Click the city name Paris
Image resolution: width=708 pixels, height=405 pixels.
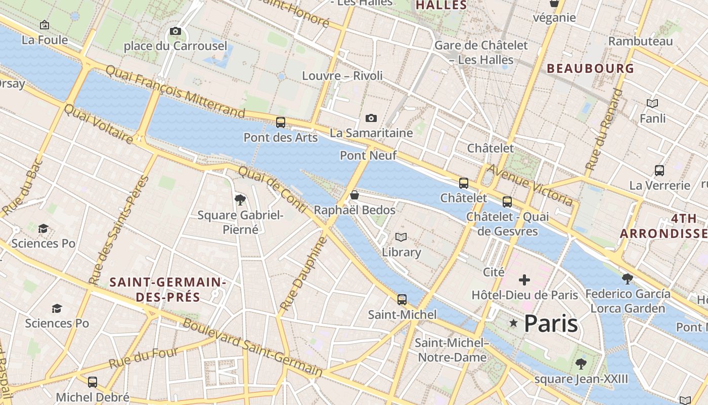click(551, 323)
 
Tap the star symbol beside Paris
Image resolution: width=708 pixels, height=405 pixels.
click(514, 323)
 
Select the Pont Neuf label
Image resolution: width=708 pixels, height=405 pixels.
click(368, 155)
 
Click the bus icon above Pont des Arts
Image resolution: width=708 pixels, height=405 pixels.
click(281, 123)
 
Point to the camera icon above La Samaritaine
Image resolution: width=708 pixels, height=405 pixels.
click(371, 118)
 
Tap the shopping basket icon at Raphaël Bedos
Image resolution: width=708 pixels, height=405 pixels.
click(355, 195)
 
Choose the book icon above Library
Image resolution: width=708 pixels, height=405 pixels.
click(401, 237)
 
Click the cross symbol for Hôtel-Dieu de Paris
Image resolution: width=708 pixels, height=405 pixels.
click(524, 279)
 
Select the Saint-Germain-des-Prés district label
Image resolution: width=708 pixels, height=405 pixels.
click(167, 290)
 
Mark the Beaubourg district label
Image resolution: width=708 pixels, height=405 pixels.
click(590, 68)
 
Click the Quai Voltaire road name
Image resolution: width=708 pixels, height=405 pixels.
click(99, 124)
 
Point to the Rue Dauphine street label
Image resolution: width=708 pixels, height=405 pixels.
click(303, 274)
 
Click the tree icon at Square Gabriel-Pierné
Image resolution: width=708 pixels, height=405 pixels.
click(240, 200)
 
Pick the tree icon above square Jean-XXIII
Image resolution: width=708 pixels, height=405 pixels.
click(581, 363)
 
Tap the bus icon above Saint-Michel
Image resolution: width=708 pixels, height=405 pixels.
click(402, 300)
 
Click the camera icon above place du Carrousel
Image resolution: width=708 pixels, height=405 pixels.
click(175, 31)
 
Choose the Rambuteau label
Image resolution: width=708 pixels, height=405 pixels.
click(641, 41)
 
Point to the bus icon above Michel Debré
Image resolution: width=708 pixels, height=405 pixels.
click(93, 382)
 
